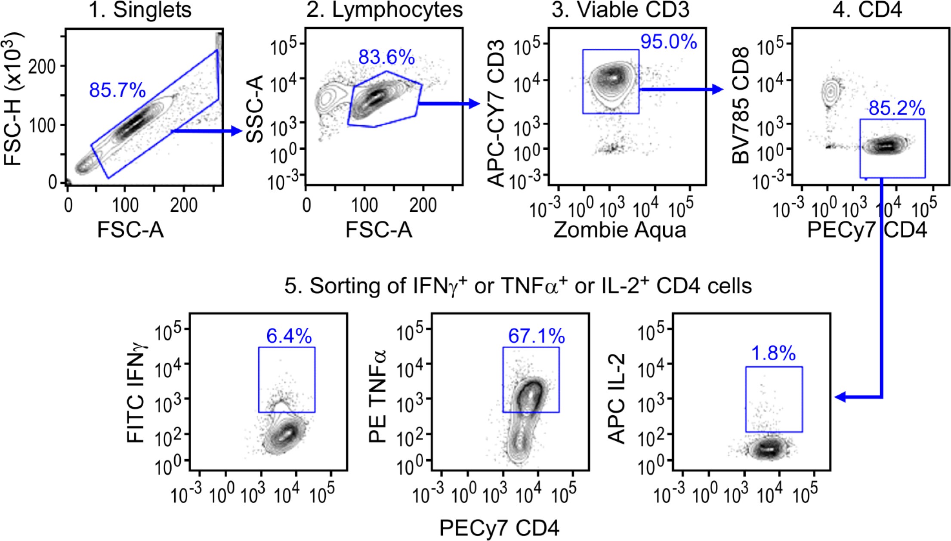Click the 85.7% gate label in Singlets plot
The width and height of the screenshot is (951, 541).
point(117,90)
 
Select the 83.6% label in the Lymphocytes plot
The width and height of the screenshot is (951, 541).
point(386,57)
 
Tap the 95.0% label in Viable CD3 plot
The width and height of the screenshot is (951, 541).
point(668,42)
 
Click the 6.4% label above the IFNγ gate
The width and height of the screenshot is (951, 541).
point(289,336)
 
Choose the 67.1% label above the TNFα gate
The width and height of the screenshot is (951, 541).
point(536,336)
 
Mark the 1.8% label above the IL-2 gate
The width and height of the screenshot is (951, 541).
point(773,354)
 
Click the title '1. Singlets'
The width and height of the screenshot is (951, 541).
point(140,9)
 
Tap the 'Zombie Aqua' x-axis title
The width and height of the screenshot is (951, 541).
point(620,230)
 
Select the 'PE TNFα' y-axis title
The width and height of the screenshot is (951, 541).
point(378,396)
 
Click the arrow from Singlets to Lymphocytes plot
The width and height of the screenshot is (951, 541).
point(207,131)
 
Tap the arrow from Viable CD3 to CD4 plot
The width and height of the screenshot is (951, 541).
point(680,89)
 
